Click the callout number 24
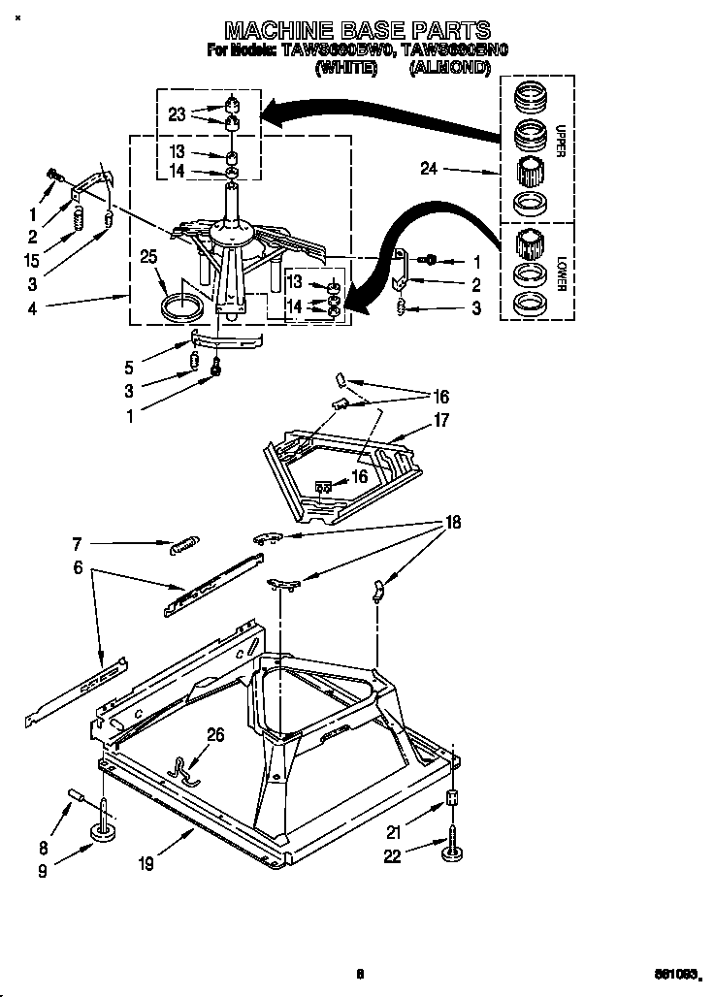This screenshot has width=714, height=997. (430, 169)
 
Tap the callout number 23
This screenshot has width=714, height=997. (177, 113)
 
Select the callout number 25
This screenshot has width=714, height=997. (147, 257)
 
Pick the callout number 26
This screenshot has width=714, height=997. (214, 735)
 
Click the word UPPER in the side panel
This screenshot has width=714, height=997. (560, 142)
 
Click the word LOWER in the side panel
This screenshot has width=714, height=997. (560, 273)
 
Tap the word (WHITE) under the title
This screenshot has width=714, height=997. (346, 69)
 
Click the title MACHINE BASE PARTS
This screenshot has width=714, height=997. (356, 31)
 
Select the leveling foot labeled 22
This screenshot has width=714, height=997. (451, 852)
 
